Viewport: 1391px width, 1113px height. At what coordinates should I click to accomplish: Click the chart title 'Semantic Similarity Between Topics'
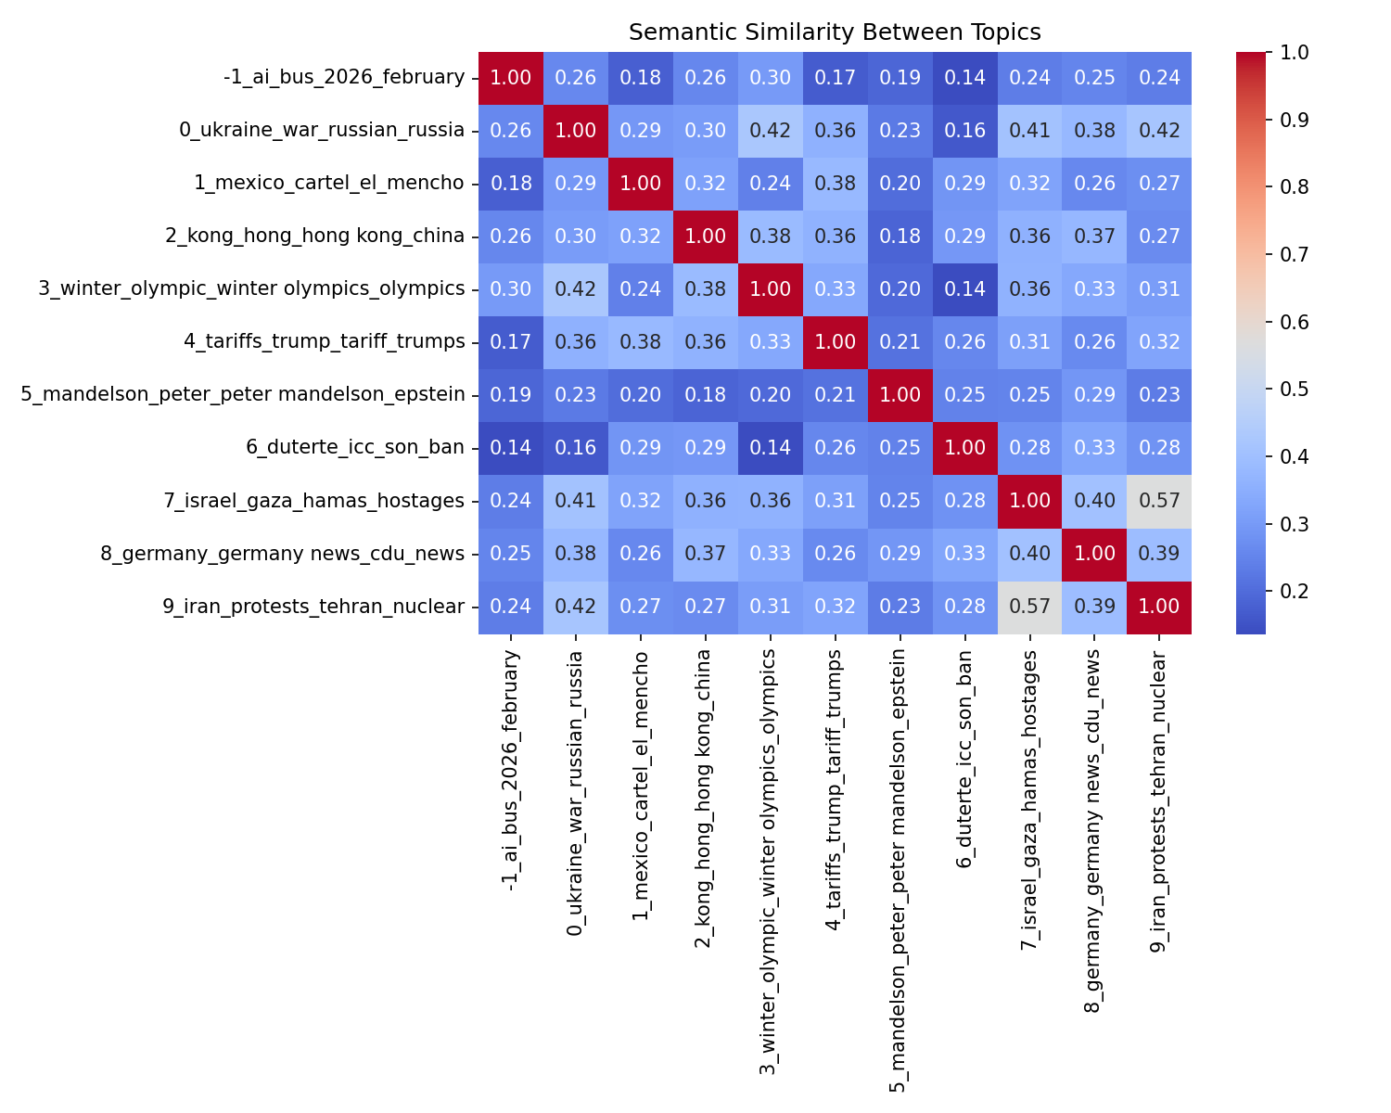835,32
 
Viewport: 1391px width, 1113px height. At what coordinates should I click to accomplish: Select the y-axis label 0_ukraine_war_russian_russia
322,130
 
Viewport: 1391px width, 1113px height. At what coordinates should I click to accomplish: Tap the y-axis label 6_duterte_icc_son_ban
355,448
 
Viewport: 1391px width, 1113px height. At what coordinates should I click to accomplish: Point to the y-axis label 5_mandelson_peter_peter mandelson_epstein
243,395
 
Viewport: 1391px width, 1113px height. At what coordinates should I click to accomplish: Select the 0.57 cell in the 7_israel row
1159,501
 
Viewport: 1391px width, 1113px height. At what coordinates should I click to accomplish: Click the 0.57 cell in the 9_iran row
1029,607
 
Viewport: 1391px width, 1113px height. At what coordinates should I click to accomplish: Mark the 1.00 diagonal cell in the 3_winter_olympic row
770,289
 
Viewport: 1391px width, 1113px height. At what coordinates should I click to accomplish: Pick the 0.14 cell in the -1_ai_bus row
964,77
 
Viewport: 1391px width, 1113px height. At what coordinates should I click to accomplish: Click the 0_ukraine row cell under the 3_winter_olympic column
770,130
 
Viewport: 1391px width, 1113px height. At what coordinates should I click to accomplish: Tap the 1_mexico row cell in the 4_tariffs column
835,183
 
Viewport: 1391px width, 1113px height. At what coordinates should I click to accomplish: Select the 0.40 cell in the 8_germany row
1029,554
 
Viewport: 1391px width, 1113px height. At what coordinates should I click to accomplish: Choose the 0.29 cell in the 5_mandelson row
1094,395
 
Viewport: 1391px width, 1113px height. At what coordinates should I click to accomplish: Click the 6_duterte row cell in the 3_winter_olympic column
770,448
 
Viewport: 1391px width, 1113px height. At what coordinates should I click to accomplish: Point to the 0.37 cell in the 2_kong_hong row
1094,236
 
